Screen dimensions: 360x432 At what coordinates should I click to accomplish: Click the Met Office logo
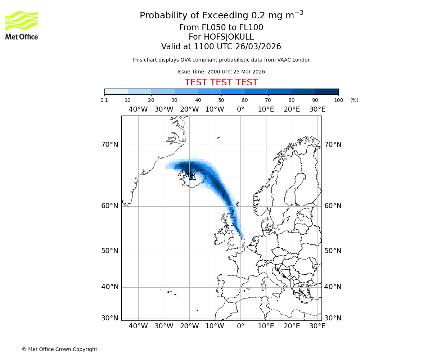coord(22,25)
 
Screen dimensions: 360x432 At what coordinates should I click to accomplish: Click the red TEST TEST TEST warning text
coord(221,83)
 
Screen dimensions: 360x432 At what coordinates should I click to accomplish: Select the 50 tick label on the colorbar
coord(221,100)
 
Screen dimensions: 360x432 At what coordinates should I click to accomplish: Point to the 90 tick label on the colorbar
coord(315,100)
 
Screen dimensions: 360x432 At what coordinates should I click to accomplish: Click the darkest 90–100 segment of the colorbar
coord(327,91)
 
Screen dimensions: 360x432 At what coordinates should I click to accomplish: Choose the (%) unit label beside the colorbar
coord(354,100)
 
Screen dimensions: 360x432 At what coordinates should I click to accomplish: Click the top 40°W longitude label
coord(138,109)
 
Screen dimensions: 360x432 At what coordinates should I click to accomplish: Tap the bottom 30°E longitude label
coord(317,326)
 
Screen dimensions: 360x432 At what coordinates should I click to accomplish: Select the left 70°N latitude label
coord(110,145)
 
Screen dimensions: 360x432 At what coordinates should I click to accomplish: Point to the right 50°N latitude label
coord(333,251)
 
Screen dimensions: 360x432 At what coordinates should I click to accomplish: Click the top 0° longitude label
coord(240,109)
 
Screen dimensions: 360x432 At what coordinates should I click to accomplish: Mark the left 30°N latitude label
coord(110,318)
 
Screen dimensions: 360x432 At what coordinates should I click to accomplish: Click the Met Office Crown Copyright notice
coord(59,349)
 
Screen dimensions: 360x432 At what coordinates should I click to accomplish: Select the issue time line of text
coord(221,72)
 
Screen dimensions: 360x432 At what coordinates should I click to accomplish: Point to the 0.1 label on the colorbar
coord(104,100)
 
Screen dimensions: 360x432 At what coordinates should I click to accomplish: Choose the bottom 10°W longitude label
coord(215,326)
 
